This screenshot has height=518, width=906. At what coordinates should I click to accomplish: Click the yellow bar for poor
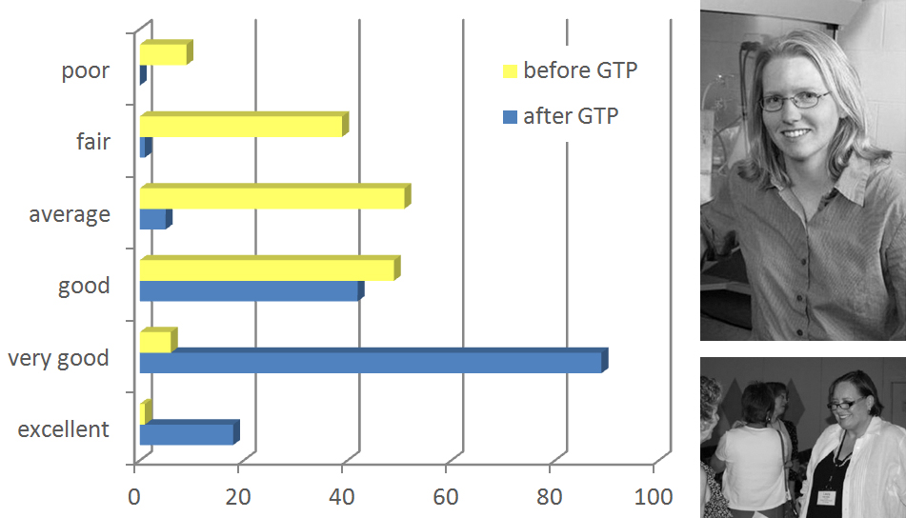(x=163, y=54)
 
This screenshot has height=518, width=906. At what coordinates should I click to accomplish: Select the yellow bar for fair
(x=241, y=126)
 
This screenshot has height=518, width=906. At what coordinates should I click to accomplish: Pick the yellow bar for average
(x=272, y=197)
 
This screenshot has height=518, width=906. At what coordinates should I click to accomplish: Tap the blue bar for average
(x=153, y=219)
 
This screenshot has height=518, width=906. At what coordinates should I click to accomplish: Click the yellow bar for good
(x=267, y=269)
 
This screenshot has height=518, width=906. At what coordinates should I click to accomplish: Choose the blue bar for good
(x=250, y=291)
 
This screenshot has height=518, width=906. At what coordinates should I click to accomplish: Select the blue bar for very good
(x=371, y=363)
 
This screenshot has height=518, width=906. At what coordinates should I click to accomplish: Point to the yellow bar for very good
(x=156, y=341)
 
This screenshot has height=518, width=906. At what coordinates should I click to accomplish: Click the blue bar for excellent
(x=187, y=434)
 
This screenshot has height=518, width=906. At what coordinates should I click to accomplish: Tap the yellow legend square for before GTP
(x=509, y=70)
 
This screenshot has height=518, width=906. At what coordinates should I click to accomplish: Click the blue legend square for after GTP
(x=509, y=117)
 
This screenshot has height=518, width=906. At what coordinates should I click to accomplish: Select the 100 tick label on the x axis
(x=653, y=497)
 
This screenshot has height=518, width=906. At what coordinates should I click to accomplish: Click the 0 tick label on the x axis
(x=134, y=497)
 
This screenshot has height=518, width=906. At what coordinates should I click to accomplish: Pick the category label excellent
(x=64, y=429)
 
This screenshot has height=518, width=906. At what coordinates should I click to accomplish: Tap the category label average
(x=70, y=214)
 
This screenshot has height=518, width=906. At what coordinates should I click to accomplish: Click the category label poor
(x=86, y=71)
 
